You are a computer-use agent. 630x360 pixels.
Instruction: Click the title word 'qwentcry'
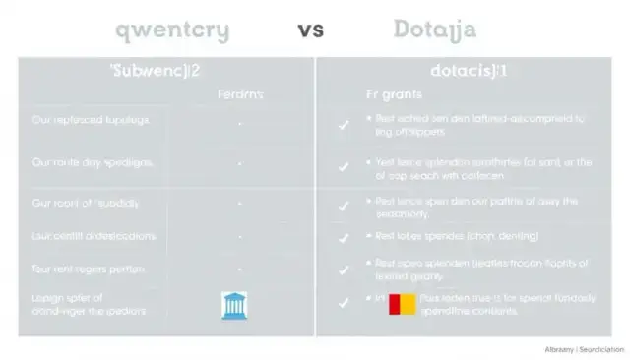click(172, 30)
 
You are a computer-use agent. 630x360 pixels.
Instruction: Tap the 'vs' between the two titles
click(310, 30)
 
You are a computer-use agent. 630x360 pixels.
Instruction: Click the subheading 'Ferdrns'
click(240, 95)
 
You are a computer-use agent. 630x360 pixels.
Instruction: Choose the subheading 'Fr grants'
click(395, 95)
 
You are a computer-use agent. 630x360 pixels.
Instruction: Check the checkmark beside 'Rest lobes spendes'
click(344, 238)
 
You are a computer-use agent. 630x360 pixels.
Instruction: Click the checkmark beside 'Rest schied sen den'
click(344, 125)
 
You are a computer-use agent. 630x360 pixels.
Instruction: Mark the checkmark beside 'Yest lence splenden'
click(344, 167)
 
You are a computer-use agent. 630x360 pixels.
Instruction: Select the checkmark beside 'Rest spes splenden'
click(344, 268)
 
